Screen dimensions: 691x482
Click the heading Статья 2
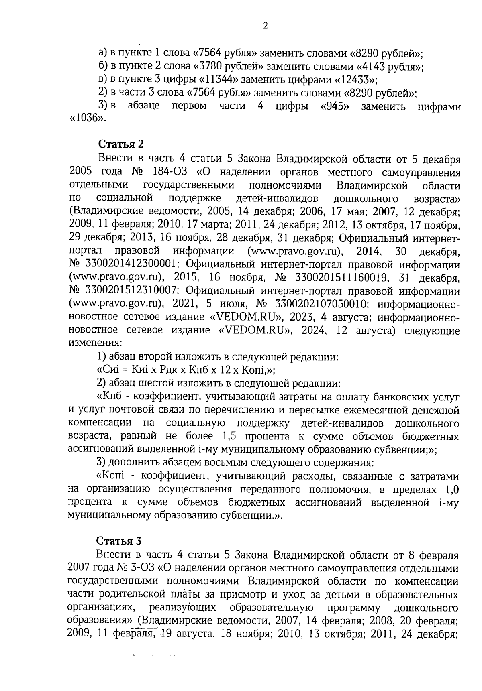[x=120, y=144]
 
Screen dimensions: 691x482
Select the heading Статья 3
[x=120, y=541]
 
